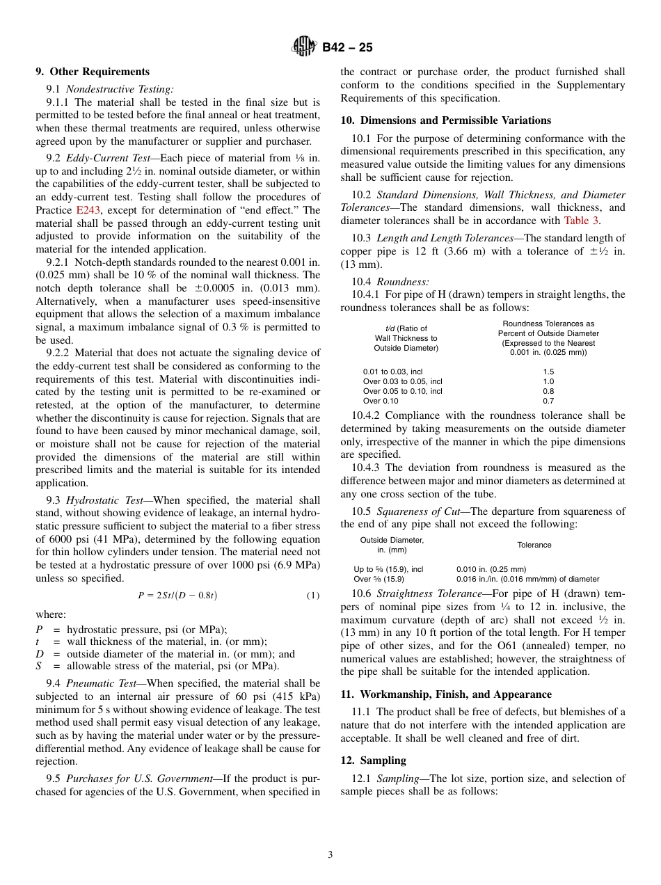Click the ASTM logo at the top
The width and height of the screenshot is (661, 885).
tap(303, 47)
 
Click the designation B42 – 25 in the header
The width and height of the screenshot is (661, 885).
tap(347, 47)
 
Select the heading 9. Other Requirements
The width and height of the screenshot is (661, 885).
tap(93, 72)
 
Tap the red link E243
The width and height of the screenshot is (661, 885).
tap(88, 210)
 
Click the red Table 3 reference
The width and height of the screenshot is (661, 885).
tap(581, 221)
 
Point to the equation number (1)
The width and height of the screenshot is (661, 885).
tap(313, 596)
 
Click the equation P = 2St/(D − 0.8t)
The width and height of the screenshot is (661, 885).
tap(177, 596)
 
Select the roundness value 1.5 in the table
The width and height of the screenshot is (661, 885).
tap(548, 372)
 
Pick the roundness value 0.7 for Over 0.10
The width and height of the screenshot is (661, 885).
tap(548, 401)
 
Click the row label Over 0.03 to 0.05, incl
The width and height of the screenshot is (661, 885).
tap(402, 381)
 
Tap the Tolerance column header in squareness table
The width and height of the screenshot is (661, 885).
tap(534, 545)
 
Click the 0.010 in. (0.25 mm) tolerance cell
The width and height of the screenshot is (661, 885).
tap(491, 569)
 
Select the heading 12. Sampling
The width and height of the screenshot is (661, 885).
tap(374, 760)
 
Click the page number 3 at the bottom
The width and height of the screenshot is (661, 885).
tap(330, 855)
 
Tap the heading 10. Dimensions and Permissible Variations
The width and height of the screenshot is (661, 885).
tap(445, 120)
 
